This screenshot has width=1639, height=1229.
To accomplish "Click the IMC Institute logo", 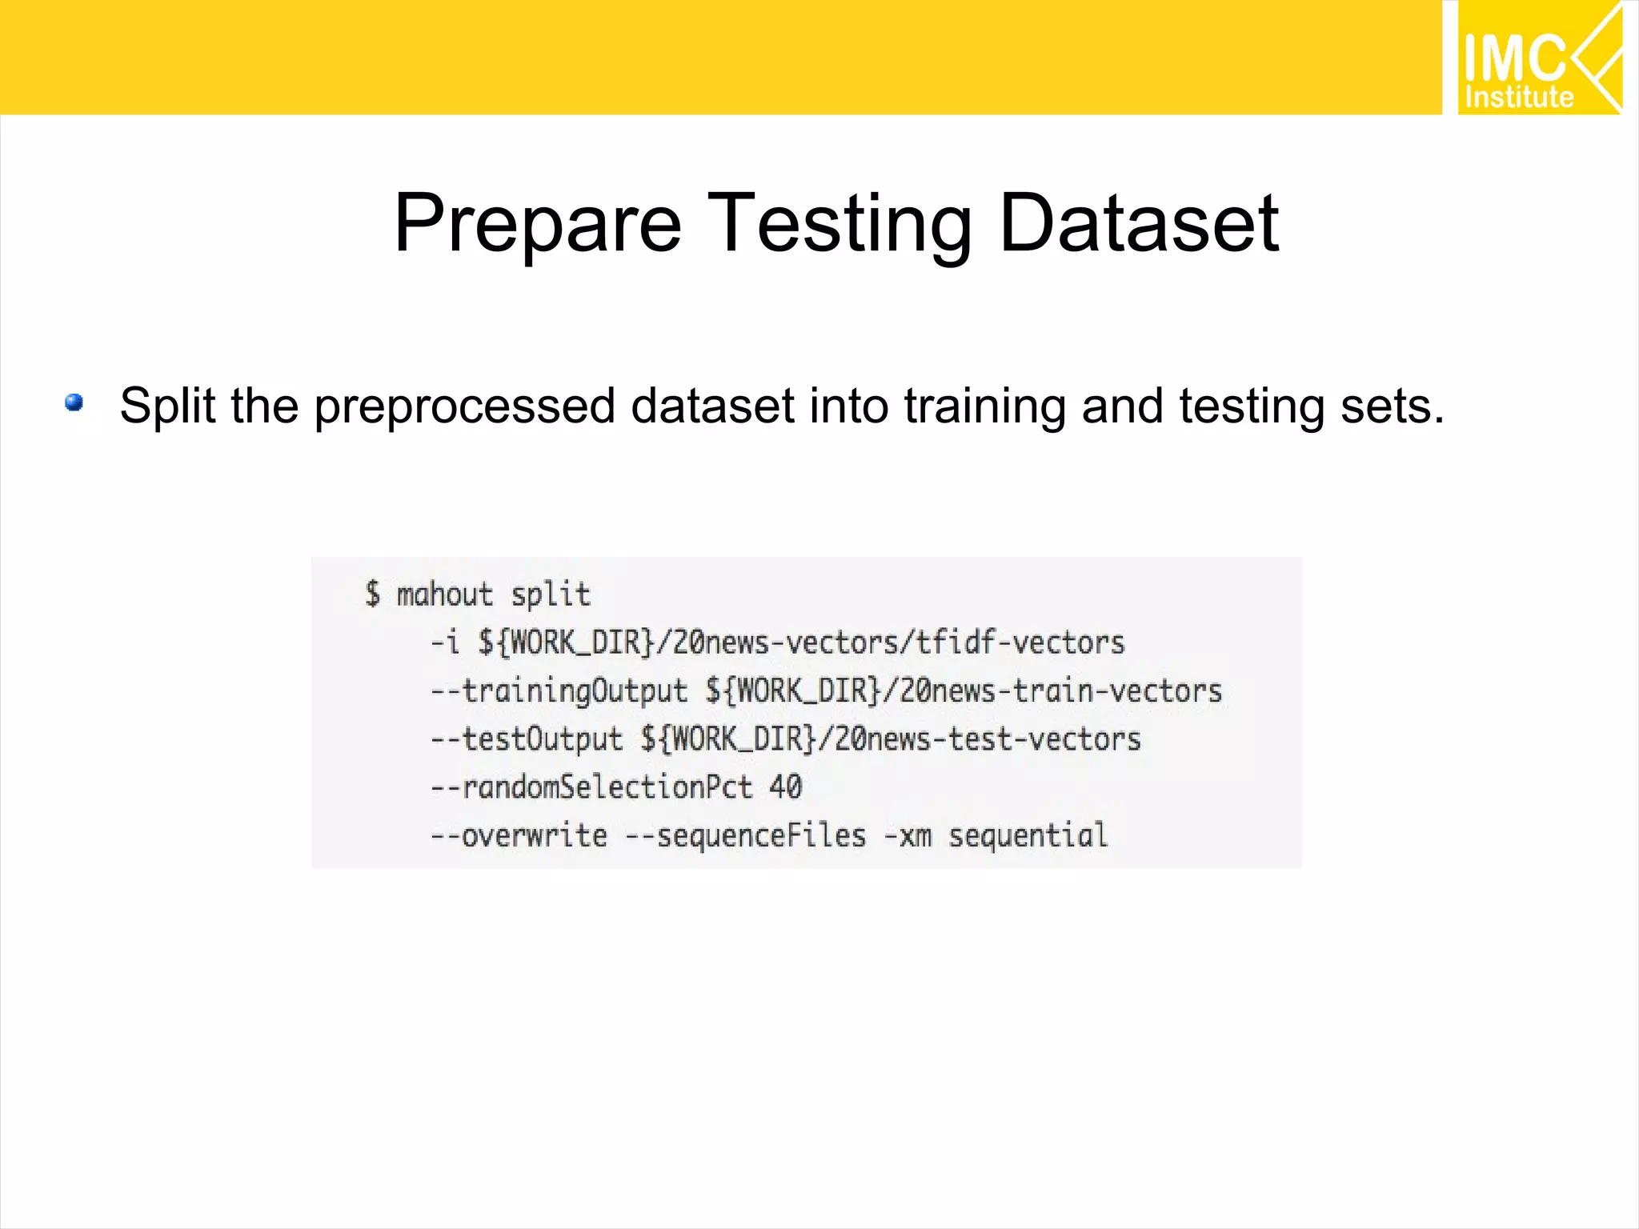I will [x=1538, y=58].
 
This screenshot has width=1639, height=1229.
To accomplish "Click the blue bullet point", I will [x=74, y=402].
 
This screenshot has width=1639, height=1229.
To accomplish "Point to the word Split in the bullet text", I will [x=167, y=406].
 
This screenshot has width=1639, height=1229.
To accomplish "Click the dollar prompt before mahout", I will [x=372, y=594].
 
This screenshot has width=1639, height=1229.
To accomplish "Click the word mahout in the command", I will [x=444, y=594].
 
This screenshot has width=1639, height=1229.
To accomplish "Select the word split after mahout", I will [x=551, y=594].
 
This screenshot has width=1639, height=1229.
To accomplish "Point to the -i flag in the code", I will [x=445, y=643].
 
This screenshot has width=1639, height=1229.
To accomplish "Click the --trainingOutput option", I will [x=559, y=691].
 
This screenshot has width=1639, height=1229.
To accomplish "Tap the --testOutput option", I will [x=527, y=739].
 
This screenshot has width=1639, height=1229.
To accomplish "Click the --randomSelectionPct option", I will [x=591, y=787].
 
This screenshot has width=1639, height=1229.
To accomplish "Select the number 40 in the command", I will [x=785, y=787].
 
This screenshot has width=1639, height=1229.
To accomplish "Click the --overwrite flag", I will [x=519, y=835].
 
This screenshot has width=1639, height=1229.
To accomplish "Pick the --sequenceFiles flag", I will [x=745, y=835].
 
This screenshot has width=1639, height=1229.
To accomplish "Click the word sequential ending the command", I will [x=1028, y=835].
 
